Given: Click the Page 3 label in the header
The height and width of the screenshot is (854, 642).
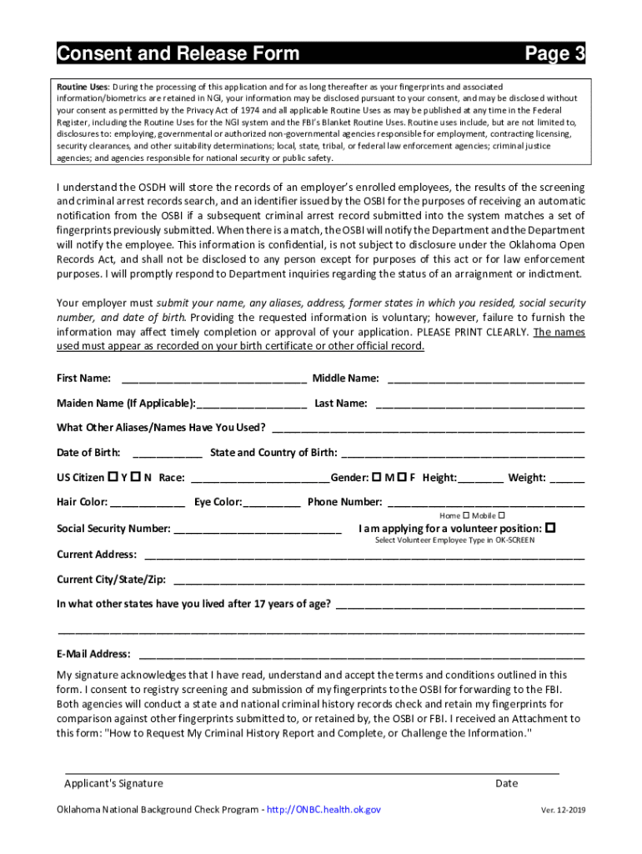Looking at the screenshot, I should point(554,54).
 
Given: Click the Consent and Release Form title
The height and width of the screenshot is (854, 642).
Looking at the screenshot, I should point(178,54).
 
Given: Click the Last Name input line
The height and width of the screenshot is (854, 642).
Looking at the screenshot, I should point(479,404).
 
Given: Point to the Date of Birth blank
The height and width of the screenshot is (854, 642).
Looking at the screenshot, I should point(167,454).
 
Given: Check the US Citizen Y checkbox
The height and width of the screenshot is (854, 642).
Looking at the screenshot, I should point(113,478).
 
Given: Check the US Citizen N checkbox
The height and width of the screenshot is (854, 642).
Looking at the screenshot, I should point(135,478).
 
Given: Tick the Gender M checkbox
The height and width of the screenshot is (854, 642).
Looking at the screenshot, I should point(377,478).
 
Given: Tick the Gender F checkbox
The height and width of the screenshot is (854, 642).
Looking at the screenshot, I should point(401,478).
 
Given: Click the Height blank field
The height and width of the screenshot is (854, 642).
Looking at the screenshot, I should point(480,479).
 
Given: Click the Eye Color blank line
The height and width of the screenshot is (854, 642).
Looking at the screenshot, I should point(272,503).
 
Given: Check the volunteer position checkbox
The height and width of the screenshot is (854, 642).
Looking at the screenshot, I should point(550,529).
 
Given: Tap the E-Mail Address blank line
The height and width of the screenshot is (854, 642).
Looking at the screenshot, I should point(362,655).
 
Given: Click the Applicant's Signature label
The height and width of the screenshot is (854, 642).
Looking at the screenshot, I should point(113,783).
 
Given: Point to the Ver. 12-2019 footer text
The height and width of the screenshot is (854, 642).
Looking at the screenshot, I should point(563,811).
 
